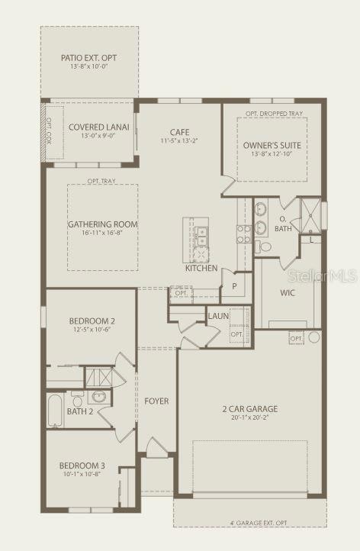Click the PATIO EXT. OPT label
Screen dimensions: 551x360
[x=89, y=57]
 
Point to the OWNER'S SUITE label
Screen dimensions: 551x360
[x=272, y=145]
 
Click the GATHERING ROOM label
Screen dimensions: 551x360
[x=102, y=224]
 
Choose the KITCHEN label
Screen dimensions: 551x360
[x=201, y=268]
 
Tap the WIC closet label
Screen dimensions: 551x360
[x=288, y=292]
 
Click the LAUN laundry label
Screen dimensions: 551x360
[x=218, y=316]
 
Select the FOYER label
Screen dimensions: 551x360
[x=156, y=401]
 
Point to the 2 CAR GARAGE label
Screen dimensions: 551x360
[x=245, y=408]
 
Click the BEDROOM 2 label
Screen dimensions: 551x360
[x=91, y=321]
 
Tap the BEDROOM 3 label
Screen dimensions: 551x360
[x=82, y=466]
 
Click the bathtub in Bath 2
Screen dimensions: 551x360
[x=56, y=411]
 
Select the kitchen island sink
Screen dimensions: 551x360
[x=201, y=234]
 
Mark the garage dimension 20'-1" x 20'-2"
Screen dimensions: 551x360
[x=245, y=418]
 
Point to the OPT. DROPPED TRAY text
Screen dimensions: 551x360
[x=272, y=113]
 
